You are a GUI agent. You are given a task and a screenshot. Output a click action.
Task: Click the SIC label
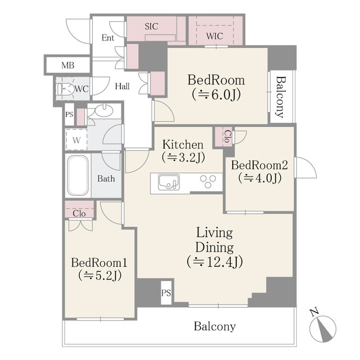pos(151,26)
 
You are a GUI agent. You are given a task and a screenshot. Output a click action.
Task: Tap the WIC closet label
pos(214,36)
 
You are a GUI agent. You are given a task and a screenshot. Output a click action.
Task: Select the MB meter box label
pos(67,65)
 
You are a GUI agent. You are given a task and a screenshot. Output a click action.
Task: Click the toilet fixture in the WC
pos(65,89)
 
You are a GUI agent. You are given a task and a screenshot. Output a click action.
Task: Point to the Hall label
pos(122,86)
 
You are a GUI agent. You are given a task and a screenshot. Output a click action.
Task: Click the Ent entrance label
pos(107,38)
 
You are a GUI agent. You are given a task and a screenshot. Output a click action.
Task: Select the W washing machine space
pos(76,139)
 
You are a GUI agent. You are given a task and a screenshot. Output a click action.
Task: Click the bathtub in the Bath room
pos(78,175)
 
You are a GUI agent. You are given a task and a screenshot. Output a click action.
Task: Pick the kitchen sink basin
pos(169,182)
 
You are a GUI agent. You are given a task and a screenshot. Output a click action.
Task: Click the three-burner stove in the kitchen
pos(208,181)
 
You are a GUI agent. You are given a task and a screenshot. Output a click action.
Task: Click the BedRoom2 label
pos(259,165)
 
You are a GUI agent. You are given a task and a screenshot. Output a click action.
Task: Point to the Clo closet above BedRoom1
pos(79,209)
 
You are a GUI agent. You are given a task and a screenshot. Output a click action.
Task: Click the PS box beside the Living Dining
pos(166,292)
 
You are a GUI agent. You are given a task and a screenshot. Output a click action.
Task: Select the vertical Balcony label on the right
pos(280,97)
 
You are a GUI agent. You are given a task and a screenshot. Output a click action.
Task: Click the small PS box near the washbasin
pos(69,114)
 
